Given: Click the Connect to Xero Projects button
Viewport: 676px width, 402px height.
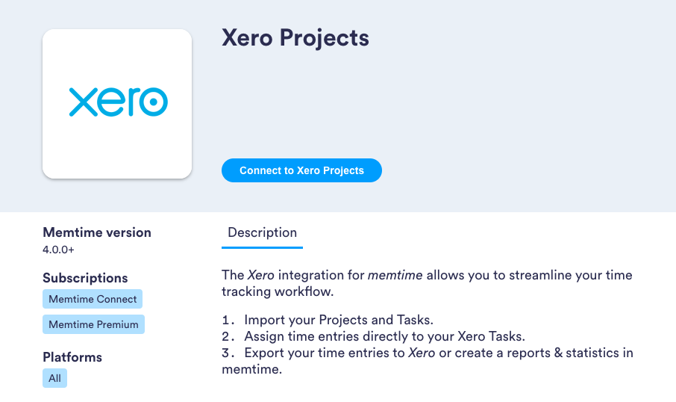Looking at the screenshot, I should pos(301,170).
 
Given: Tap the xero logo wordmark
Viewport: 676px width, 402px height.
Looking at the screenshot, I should pos(118,102).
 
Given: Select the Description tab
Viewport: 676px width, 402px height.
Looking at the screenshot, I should pos(262,232).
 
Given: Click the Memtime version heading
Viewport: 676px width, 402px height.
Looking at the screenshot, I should pos(97,232).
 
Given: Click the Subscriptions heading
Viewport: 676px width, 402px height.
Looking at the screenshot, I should pos(85,278).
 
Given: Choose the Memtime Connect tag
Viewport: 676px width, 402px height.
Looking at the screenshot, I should pos(93,299).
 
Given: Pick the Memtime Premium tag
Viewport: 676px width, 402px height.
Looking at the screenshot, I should pos(93,324).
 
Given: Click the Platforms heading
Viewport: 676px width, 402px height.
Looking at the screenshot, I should pos(72,357).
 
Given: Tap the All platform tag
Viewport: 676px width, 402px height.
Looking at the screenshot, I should pos(54,378).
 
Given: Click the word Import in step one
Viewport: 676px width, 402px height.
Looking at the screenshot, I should pos(263,320).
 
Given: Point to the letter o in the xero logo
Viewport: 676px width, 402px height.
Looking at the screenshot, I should pos(154,102).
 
